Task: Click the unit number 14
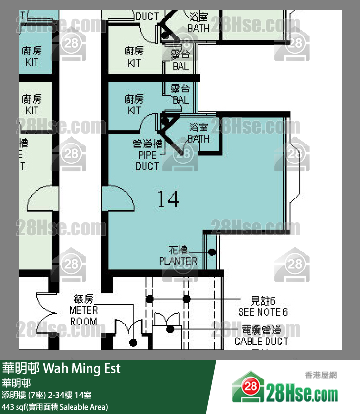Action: [x=168, y=199]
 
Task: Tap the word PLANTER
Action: [x=178, y=261]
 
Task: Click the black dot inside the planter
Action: [x=212, y=252]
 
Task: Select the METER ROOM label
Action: [x=84, y=316]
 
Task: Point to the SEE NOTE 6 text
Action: [x=263, y=312]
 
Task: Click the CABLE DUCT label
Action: [x=261, y=342]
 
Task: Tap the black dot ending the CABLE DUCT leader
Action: [x=170, y=329]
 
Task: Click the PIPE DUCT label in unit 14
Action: [x=147, y=161]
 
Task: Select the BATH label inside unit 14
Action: [x=198, y=139]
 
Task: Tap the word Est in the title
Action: [x=111, y=368]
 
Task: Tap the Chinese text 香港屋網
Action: [x=321, y=375]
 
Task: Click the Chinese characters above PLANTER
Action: [x=178, y=251]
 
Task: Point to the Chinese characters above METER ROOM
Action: [x=83, y=299]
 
